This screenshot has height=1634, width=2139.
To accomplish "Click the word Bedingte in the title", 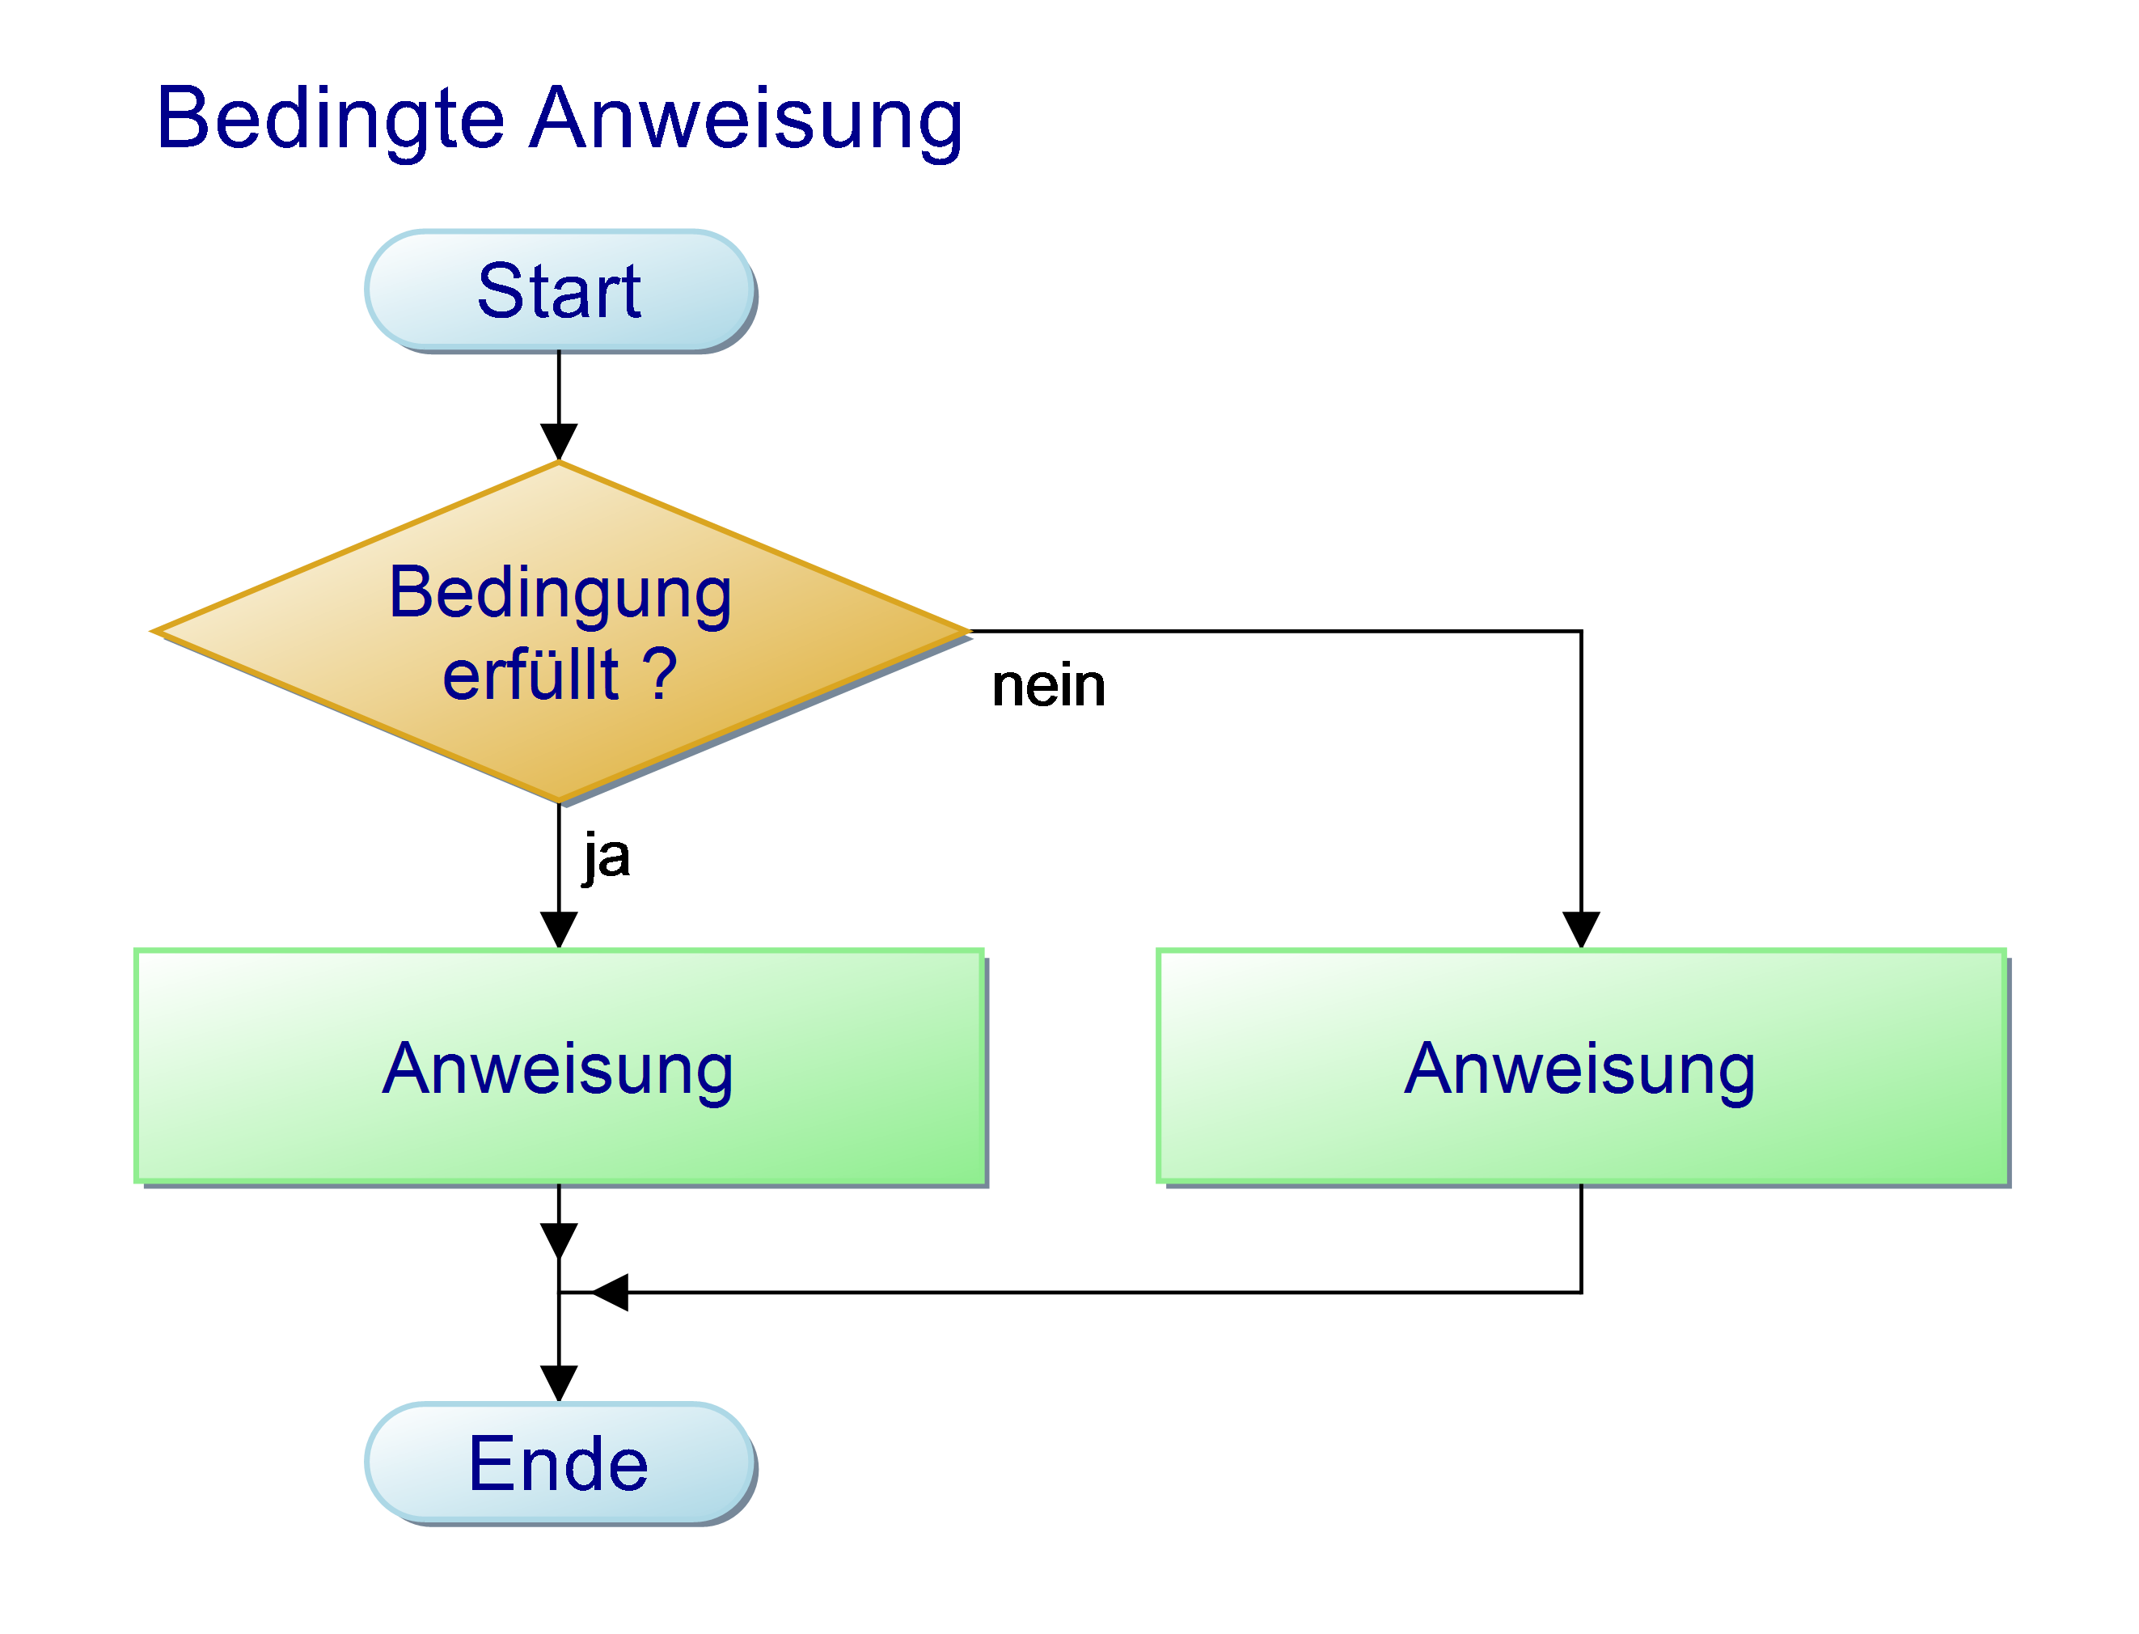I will click(x=330, y=120).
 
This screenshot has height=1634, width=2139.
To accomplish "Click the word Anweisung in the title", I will click(x=746, y=120).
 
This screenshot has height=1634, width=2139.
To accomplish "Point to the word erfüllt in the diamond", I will click(x=531, y=674).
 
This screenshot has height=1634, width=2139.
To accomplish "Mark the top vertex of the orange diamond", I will click(x=559, y=462).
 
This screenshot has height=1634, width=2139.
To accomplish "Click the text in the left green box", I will click(x=558, y=1069).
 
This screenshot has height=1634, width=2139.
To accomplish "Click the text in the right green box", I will click(x=1580, y=1069).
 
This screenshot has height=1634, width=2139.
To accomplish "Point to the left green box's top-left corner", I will click(x=136, y=950).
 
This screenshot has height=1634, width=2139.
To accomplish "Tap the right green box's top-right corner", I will click(x=2006, y=950).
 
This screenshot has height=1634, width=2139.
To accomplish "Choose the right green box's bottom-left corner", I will click(x=1159, y=1182).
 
